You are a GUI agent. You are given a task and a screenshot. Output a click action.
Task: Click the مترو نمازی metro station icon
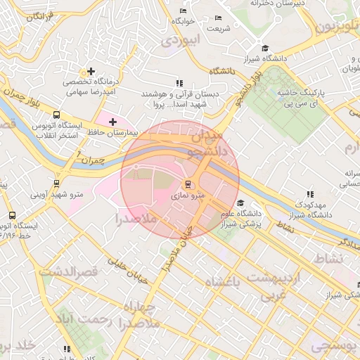tap(187, 185)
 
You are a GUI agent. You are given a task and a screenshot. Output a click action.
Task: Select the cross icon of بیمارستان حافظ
tap(112, 122)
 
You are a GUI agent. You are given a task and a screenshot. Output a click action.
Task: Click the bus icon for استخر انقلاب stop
tap(56, 115)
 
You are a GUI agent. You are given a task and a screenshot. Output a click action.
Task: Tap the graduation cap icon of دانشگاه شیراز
tap(265, 48)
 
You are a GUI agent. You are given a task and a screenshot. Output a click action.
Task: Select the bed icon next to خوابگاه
tap(184, 11)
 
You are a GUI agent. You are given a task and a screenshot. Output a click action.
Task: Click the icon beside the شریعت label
tap(218, 18)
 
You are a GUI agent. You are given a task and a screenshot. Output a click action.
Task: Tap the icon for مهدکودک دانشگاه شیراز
tap(309, 194)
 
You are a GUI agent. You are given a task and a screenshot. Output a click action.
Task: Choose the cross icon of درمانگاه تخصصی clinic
tap(90, 71)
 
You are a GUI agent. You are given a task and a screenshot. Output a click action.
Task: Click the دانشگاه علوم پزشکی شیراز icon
tap(240, 203)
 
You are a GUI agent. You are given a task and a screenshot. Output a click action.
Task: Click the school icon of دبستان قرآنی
tap(178, 83)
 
